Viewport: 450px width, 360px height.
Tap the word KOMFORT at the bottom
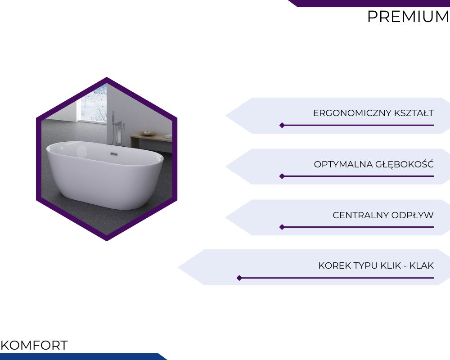point(34,345)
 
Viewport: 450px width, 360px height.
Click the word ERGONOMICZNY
point(352,113)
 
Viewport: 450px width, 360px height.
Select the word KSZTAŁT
point(414,113)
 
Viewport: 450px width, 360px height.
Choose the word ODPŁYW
point(412,215)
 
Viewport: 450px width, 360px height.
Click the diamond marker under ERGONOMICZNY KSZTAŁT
point(282,125)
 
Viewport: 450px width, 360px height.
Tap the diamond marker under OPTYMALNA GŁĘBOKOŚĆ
point(282,176)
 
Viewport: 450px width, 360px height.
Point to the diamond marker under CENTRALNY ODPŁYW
point(282,227)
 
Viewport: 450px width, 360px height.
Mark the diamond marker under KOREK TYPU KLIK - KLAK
point(239,278)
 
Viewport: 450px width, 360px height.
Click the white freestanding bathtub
point(104,175)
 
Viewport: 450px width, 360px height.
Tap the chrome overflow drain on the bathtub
point(114,154)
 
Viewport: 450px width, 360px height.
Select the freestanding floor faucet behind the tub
point(115,128)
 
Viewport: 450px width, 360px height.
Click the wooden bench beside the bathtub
point(151,141)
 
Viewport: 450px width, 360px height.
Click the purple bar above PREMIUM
point(369,3)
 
